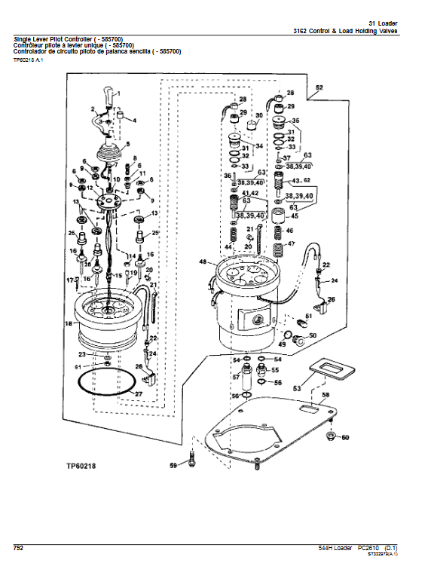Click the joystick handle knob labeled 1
[109, 95]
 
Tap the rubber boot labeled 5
[109, 153]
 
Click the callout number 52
[319, 87]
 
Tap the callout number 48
[203, 262]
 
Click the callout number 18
[69, 323]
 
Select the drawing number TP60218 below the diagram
[81, 466]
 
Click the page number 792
[18, 548]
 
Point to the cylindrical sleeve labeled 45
[278, 216]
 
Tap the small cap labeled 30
[251, 126]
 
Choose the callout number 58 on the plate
[325, 395]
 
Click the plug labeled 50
[298, 339]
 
